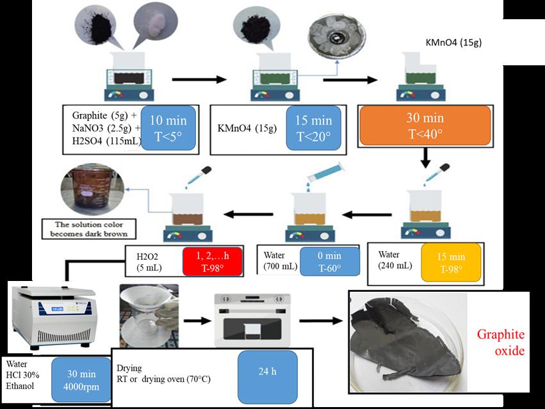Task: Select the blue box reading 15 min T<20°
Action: pyautogui.click(x=313, y=126)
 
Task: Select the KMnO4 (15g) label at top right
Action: pyautogui.click(x=453, y=43)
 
